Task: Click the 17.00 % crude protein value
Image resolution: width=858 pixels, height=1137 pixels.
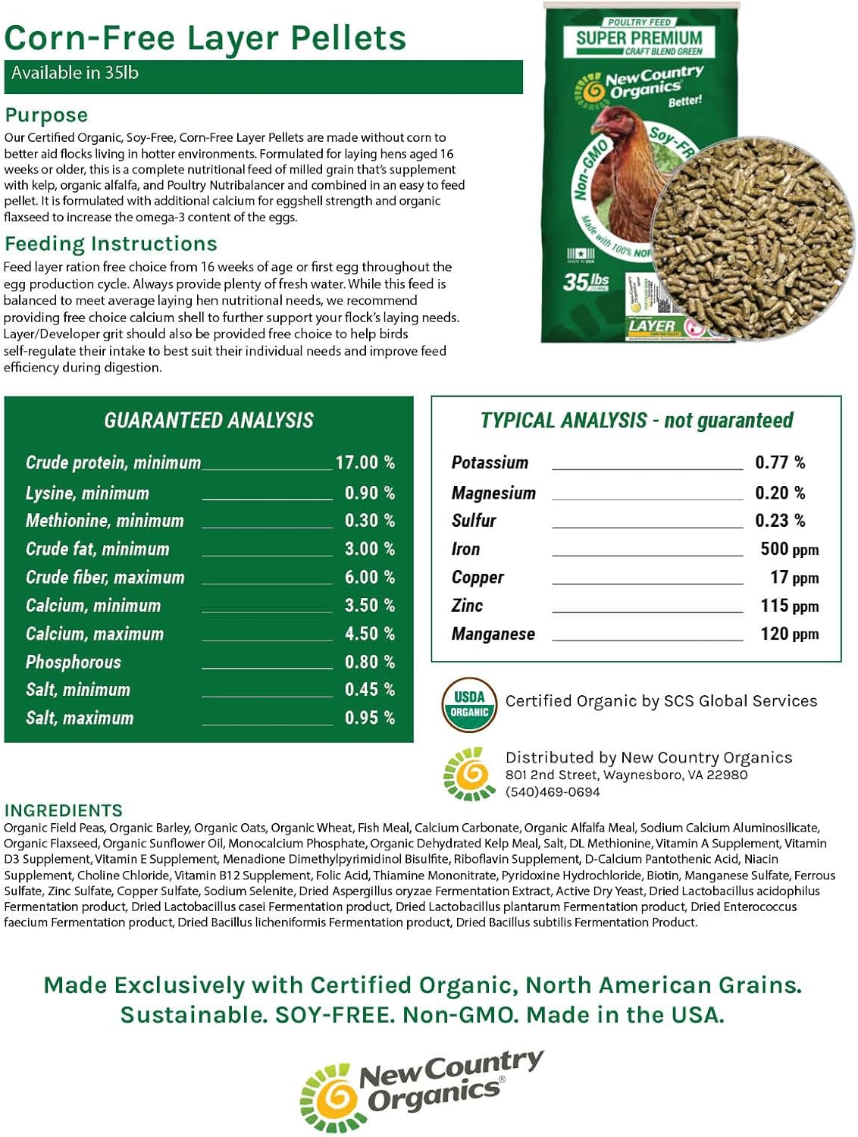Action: tap(365, 462)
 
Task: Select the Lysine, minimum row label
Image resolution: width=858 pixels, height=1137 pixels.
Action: tap(87, 493)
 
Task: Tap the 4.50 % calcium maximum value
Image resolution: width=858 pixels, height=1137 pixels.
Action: tap(369, 634)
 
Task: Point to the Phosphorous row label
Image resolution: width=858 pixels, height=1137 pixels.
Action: tap(74, 662)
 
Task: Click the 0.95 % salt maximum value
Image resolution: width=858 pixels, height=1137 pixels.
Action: tap(369, 718)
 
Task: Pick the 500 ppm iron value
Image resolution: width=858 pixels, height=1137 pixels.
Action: tap(789, 550)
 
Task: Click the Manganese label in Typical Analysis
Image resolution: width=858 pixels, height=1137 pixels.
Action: tap(493, 634)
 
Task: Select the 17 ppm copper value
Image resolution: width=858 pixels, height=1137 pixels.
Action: tap(794, 578)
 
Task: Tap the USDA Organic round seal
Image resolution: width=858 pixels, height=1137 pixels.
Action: tap(469, 704)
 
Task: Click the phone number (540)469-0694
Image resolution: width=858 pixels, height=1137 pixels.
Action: tap(553, 792)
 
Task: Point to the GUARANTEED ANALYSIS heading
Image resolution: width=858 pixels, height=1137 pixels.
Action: tap(208, 421)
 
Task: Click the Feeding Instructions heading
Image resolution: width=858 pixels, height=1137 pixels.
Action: tap(111, 244)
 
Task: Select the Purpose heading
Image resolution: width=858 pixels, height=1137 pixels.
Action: tap(46, 115)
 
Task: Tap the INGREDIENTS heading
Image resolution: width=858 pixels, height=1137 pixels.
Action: tap(63, 810)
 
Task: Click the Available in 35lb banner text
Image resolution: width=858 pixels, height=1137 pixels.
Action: tap(74, 74)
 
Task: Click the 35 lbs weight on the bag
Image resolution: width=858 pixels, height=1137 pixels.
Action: tap(586, 282)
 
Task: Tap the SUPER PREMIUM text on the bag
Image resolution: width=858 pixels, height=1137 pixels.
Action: tap(639, 38)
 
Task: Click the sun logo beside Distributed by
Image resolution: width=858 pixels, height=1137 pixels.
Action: tap(469, 774)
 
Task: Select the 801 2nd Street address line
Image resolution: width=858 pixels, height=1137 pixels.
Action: tap(626, 775)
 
